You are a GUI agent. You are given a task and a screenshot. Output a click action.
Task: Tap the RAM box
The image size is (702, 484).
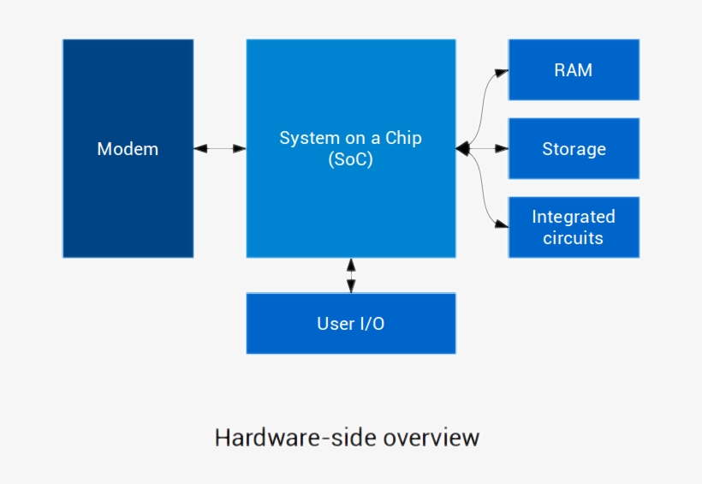573,70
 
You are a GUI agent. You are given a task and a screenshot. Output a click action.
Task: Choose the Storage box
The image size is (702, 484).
573,149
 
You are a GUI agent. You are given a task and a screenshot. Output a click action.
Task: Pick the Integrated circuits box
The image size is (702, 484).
573,227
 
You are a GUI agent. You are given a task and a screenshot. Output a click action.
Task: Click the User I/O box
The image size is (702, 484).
350,324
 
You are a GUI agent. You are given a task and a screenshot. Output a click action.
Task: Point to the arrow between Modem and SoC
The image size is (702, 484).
220,149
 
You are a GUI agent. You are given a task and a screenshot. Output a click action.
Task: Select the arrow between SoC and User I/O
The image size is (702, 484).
350,275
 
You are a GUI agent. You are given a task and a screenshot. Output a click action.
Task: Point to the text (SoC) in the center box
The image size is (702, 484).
350,159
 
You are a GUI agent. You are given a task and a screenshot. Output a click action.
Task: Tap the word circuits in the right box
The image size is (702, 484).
573,238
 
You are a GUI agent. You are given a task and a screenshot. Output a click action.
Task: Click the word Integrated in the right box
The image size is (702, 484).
573,217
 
